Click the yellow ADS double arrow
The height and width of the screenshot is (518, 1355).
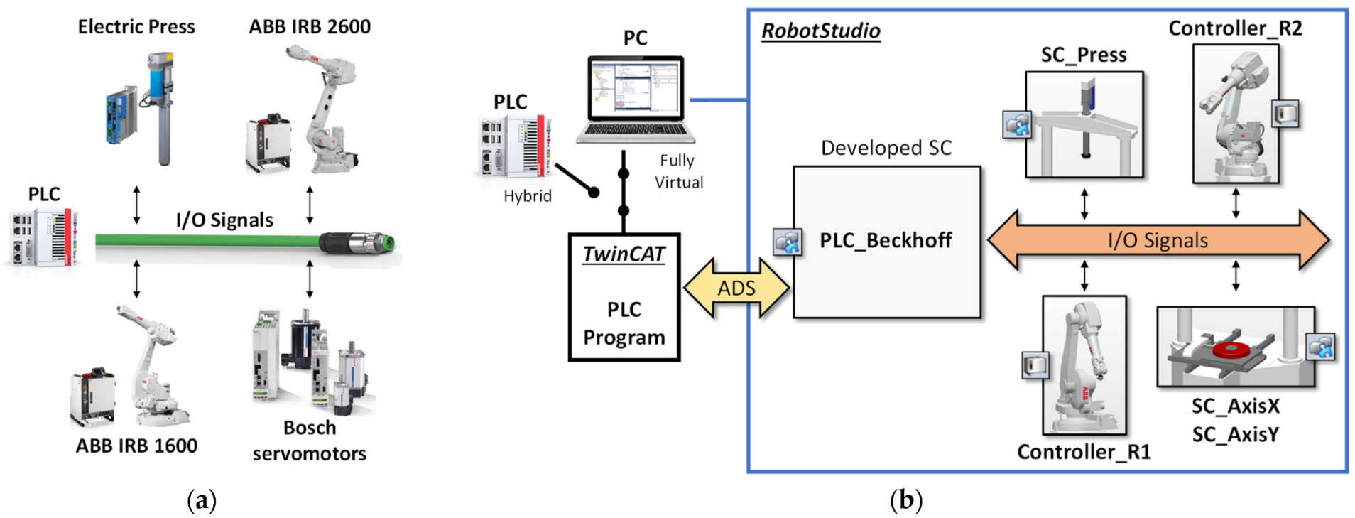click(x=736, y=288)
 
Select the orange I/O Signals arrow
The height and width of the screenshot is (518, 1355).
click(x=1158, y=240)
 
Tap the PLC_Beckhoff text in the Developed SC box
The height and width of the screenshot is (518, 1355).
click(x=886, y=240)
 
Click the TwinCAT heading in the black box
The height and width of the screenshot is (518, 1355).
click(x=624, y=254)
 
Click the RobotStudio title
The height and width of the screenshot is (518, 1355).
click(x=820, y=31)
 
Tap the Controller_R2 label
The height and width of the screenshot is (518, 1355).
click(x=1235, y=28)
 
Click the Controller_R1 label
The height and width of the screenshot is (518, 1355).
click(x=1084, y=452)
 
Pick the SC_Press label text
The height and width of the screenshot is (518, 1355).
click(x=1084, y=55)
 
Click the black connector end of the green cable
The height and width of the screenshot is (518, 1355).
click(x=355, y=242)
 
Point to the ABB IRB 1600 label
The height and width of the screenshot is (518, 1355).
click(x=136, y=446)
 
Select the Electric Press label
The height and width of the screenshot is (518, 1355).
click(x=136, y=27)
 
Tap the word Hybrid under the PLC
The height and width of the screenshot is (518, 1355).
click(x=527, y=196)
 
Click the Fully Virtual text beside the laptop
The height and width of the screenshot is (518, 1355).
click(x=678, y=171)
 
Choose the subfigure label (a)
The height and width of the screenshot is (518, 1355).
click(x=201, y=500)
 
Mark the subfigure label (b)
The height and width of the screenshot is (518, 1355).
click(x=905, y=500)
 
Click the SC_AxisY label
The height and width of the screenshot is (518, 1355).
click(x=1235, y=434)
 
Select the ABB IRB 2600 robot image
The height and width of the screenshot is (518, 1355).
click(x=323, y=110)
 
